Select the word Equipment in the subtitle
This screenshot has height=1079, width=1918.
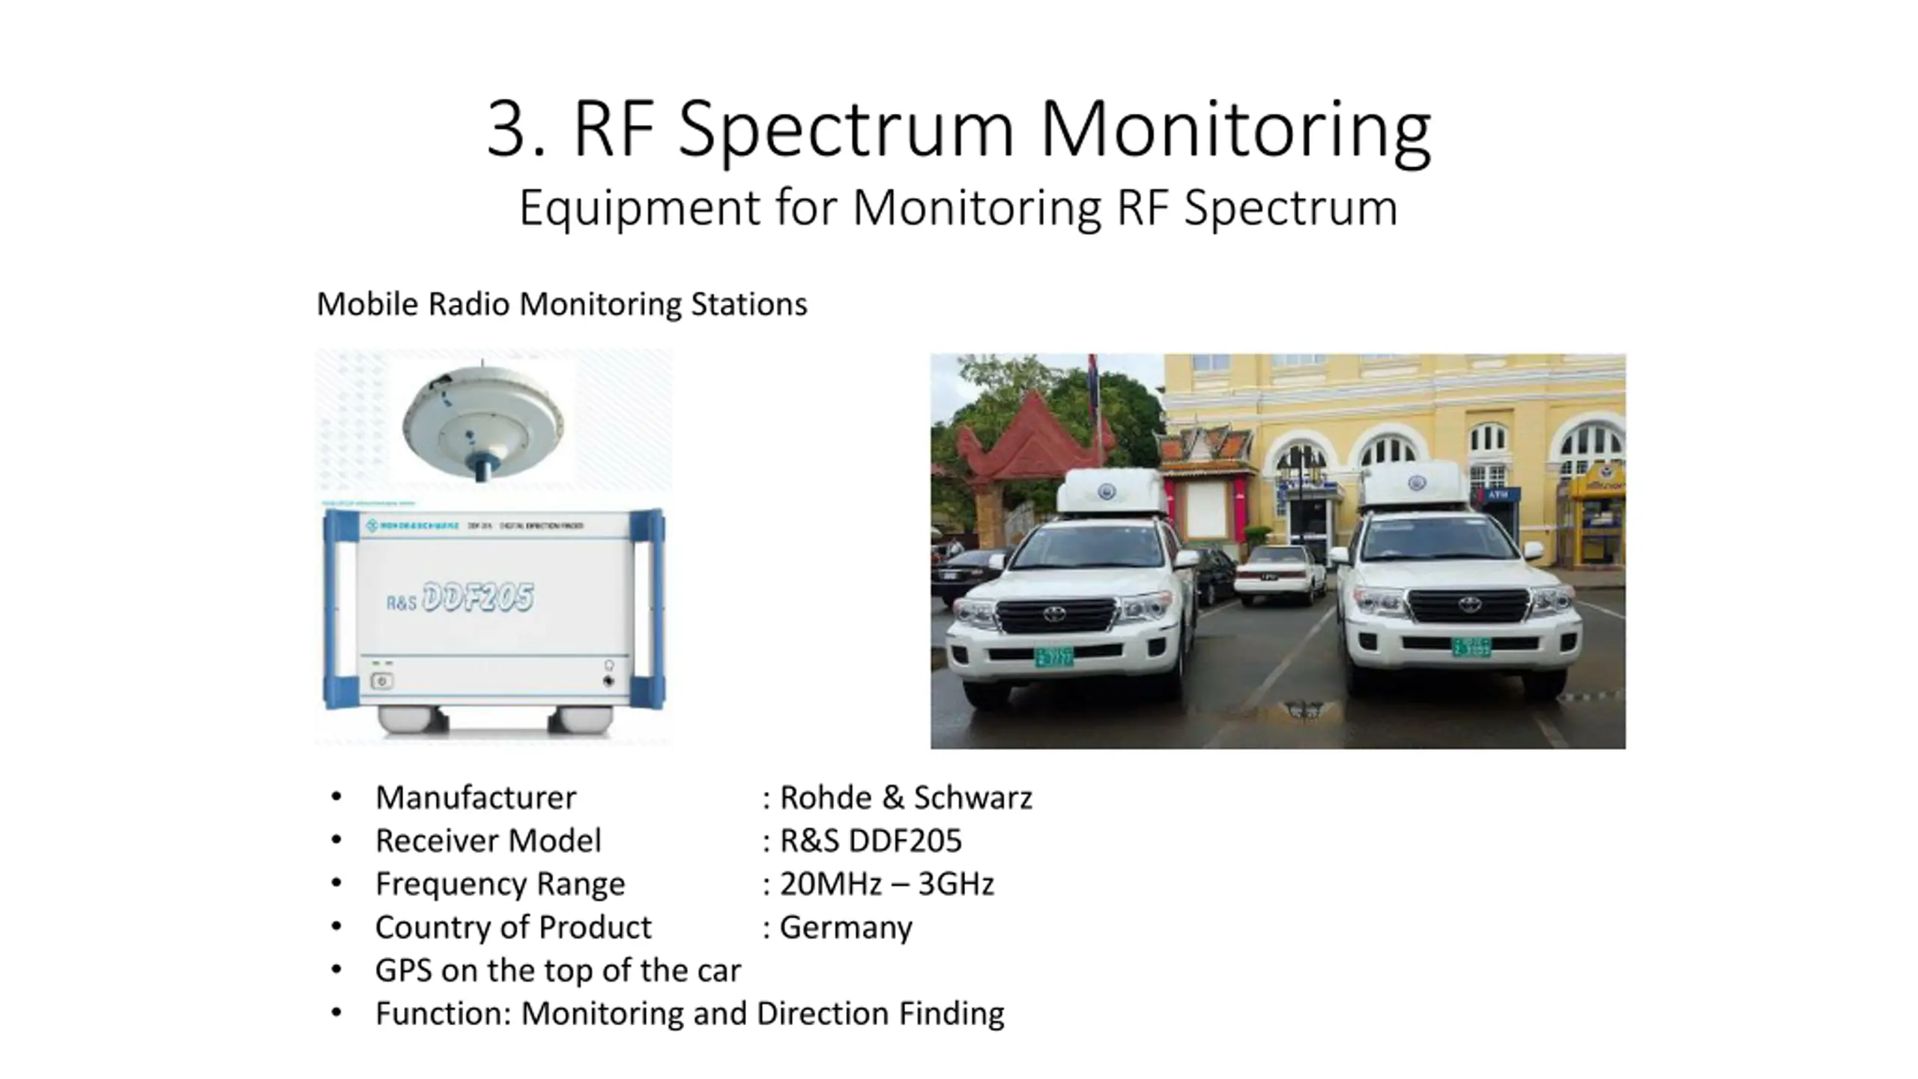coord(639,208)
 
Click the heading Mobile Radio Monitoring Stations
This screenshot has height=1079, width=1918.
coord(562,304)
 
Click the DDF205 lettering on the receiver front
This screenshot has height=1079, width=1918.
coord(478,598)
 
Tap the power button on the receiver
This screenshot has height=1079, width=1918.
coord(382,681)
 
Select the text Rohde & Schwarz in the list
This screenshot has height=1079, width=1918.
coord(906,797)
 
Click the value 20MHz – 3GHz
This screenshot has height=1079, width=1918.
coord(887,884)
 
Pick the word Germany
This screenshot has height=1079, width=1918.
coord(846,928)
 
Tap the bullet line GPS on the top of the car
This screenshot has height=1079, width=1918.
coord(557,970)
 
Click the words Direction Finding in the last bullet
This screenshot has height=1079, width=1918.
coord(880,1014)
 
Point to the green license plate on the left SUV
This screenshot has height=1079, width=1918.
coord(1053,657)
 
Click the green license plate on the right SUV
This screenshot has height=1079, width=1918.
coord(1471,647)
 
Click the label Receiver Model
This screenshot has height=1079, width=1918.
coord(488,841)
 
